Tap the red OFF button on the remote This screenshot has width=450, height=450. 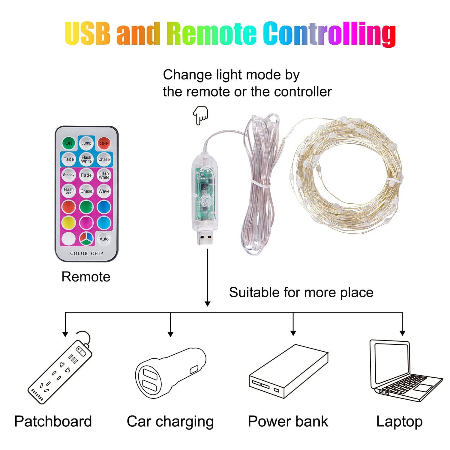pyautogui.click(x=104, y=143)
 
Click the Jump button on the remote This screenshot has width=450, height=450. pyautogui.click(x=86, y=143)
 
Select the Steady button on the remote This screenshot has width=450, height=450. pyautogui.click(x=69, y=175)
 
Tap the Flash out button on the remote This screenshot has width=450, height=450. pyautogui.click(x=69, y=191)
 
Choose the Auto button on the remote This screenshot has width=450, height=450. pyautogui.click(x=104, y=239)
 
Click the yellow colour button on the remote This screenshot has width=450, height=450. pyautogui.click(x=69, y=223)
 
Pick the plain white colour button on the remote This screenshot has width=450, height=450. pyautogui.click(x=69, y=239)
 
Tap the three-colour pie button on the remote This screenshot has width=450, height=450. pyautogui.click(x=86, y=239)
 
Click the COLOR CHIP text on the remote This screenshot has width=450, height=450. pyautogui.click(x=86, y=253)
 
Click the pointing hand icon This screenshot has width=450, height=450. pyautogui.click(x=200, y=115)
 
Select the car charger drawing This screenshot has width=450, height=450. pyautogui.click(x=170, y=373)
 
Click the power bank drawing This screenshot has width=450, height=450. pyautogui.click(x=289, y=371)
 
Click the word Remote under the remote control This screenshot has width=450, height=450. pyautogui.click(x=86, y=277)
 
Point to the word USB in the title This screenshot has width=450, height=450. pyautogui.click(x=87, y=33)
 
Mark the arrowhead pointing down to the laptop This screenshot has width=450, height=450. pyautogui.click(x=403, y=333)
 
